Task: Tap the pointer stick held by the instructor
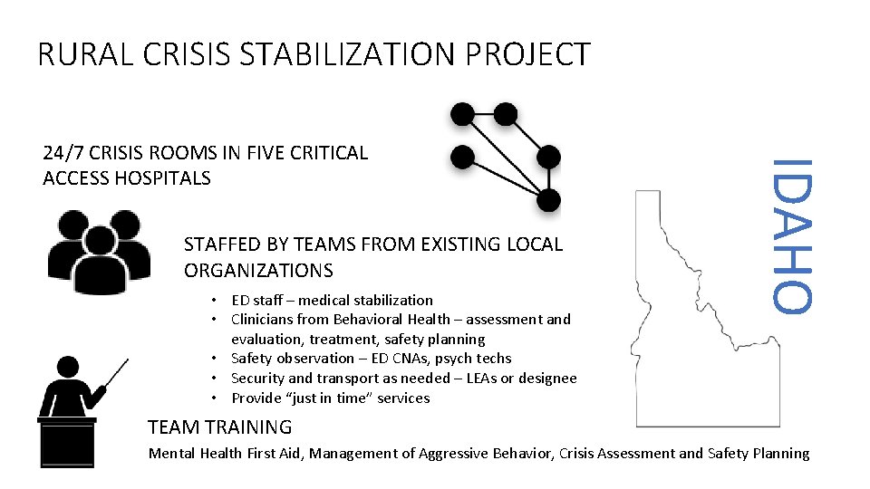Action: tap(117, 373)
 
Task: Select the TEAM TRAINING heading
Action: tap(219, 427)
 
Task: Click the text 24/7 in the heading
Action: tap(66, 153)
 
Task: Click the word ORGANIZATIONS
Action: tap(258, 271)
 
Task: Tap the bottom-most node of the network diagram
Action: tap(548, 200)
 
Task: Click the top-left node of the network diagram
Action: tap(462, 114)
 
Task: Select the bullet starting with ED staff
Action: tap(332, 300)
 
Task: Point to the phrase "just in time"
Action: tap(324, 398)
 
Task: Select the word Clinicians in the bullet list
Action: tap(268, 319)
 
